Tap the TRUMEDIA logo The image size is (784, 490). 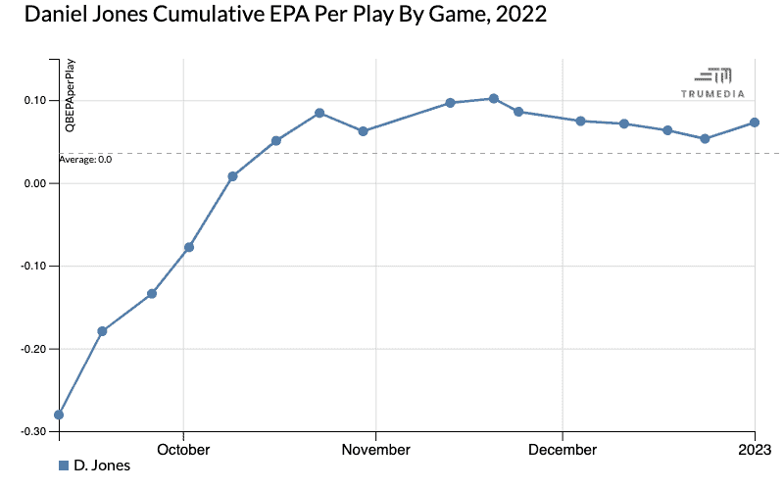click(712, 82)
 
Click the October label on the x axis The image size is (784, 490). click(183, 450)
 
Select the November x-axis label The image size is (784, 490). click(376, 450)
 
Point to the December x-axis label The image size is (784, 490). click(563, 450)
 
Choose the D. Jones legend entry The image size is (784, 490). click(94, 465)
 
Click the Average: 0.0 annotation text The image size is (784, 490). click(85, 159)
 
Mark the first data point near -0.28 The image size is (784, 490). click(59, 415)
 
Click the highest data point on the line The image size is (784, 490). click(494, 98)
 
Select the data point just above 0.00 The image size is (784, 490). click(232, 176)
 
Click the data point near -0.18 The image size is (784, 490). click(102, 331)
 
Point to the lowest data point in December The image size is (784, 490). click(705, 139)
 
